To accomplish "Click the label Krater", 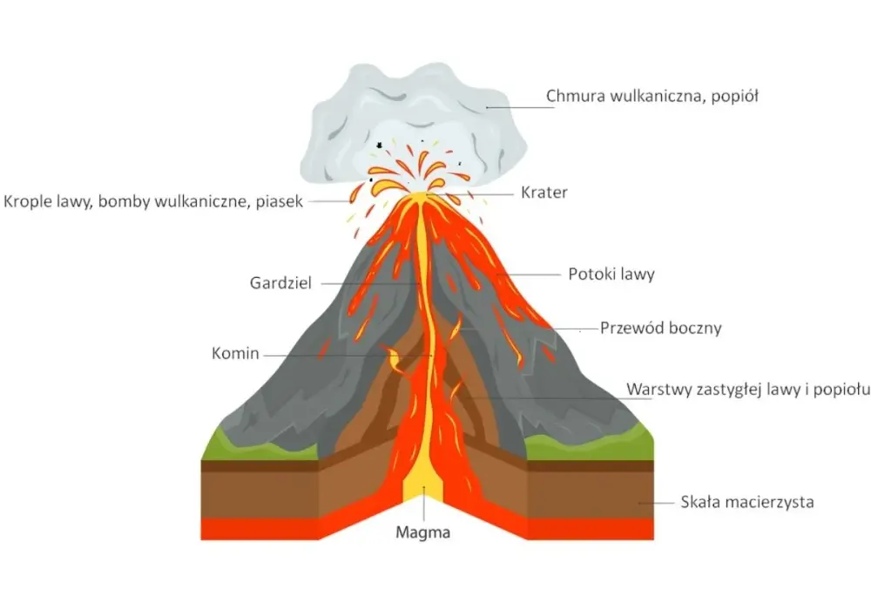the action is point(544,193).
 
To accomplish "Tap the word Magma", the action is point(422,532).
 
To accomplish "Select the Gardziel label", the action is point(280,283).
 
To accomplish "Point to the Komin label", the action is point(235,353).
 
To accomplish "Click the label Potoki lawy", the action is point(611,274).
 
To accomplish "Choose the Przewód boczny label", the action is point(660,328).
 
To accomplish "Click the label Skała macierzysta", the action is point(747,502).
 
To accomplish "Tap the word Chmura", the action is point(576,96).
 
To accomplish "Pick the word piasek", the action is point(279,201).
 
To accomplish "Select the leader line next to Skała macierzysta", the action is point(656,504).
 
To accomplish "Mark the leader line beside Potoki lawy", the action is point(529,274).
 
